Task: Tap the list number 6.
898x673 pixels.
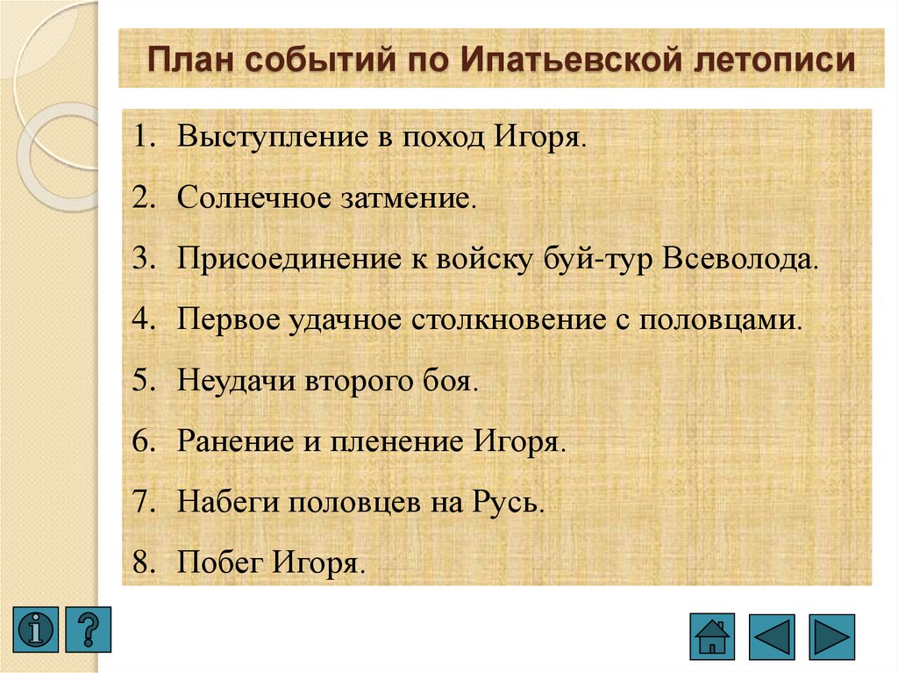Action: tap(141, 440)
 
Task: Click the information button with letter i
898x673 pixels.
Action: tap(35, 628)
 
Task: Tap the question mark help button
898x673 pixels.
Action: tap(89, 628)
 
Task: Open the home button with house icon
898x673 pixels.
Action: tap(712, 635)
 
